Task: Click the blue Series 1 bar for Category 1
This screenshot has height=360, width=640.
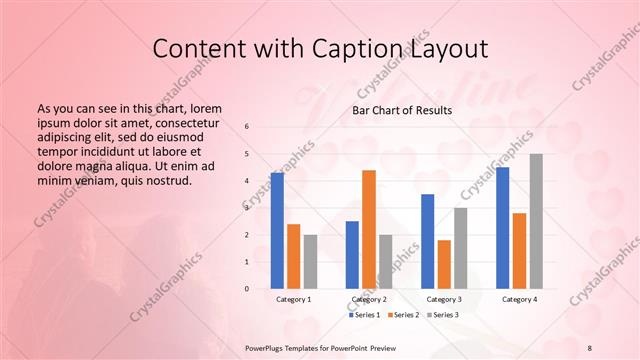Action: point(277,231)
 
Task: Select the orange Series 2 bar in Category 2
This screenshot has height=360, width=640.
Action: point(368,229)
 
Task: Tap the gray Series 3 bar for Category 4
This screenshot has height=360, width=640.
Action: point(536,221)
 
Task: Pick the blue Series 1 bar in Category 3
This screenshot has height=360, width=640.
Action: point(427,241)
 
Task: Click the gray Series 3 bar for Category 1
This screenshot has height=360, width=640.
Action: point(310,261)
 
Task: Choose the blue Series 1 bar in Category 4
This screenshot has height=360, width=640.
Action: point(502,228)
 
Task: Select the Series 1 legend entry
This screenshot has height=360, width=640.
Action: point(364,315)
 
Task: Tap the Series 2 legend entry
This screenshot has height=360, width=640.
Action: point(402,315)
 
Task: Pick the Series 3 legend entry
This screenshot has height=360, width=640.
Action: point(440,315)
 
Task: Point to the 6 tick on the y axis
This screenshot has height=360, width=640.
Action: point(247,127)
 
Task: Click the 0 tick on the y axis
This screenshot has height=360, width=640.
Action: point(247,289)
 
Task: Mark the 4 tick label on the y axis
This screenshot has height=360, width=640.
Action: point(247,181)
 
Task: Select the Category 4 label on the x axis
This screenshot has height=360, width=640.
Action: point(519,299)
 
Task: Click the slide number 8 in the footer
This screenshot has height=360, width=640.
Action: point(590,346)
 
